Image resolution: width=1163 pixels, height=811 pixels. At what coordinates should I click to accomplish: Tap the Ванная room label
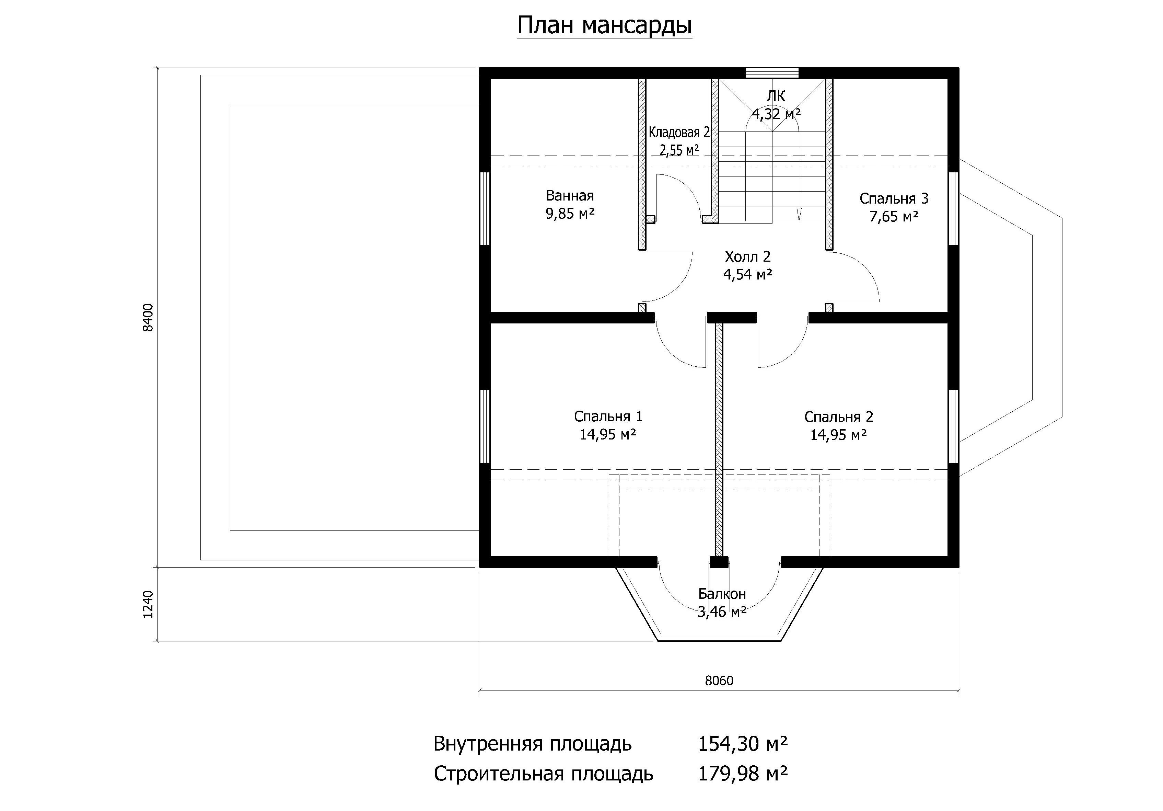click(570, 196)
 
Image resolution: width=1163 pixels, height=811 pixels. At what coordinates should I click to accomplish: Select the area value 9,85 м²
click(570, 214)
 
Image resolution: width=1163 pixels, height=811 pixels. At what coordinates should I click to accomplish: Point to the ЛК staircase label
click(776, 96)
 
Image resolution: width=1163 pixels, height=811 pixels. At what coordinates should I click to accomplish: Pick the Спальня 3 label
click(894, 199)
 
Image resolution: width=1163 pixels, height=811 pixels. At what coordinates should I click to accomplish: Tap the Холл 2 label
click(748, 256)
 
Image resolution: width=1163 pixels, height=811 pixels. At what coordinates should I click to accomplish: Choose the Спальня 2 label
click(839, 417)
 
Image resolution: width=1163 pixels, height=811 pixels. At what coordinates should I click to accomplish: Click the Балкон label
click(722, 594)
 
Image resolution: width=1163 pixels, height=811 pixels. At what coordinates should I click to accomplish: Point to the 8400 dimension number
click(148, 317)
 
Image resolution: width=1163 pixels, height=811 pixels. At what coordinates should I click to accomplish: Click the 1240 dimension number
click(148, 604)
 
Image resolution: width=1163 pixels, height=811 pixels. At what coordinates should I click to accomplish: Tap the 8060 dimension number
click(719, 681)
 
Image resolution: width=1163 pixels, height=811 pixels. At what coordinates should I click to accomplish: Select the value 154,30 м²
click(743, 744)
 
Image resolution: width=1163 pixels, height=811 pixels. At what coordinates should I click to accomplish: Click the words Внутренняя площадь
click(532, 744)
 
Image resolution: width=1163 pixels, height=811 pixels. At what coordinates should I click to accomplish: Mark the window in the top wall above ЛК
click(772, 72)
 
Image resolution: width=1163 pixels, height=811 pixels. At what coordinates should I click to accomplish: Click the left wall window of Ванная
click(485, 209)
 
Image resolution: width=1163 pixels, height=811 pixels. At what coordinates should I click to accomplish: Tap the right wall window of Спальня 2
click(953, 426)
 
